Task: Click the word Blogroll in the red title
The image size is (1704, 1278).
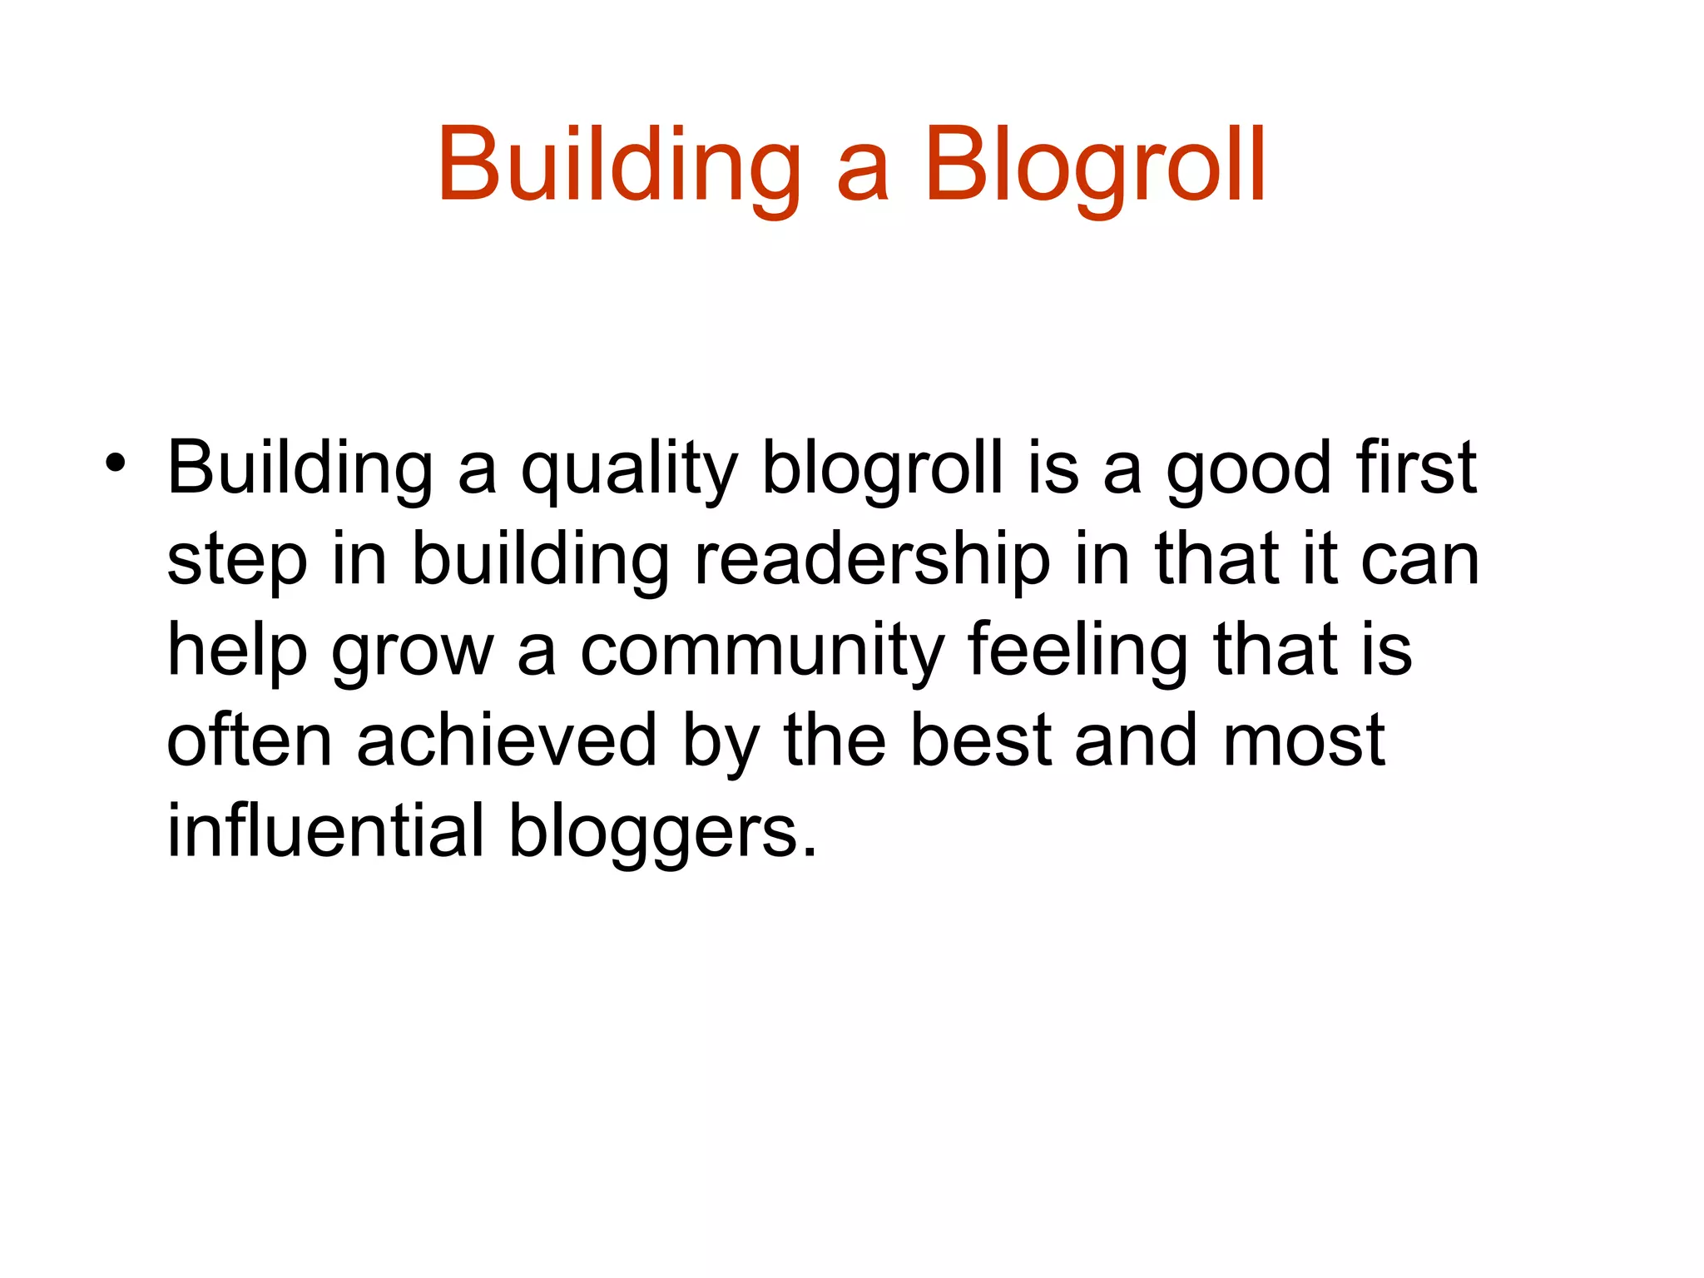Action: pos(1095,166)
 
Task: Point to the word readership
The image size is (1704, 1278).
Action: pos(873,559)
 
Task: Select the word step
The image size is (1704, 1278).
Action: pos(237,561)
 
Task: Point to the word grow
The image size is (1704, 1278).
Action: pos(413,651)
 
